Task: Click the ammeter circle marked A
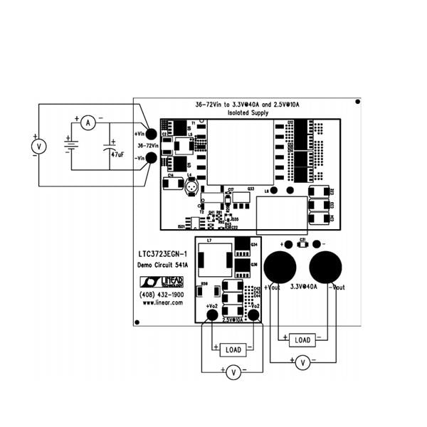click(x=88, y=123)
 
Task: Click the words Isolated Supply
click(x=248, y=113)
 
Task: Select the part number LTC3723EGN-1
click(x=162, y=253)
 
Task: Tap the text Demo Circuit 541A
click(x=162, y=265)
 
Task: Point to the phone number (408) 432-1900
click(x=162, y=294)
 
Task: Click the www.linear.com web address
click(x=162, y=302)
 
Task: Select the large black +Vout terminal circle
click(x=280, y=267)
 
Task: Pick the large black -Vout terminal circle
click(x=325, y=267)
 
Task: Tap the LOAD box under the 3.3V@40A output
click(x=302, y=339)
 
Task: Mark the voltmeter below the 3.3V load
click(x=302, y=362)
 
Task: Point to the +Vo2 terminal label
click(x=211, y=306)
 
